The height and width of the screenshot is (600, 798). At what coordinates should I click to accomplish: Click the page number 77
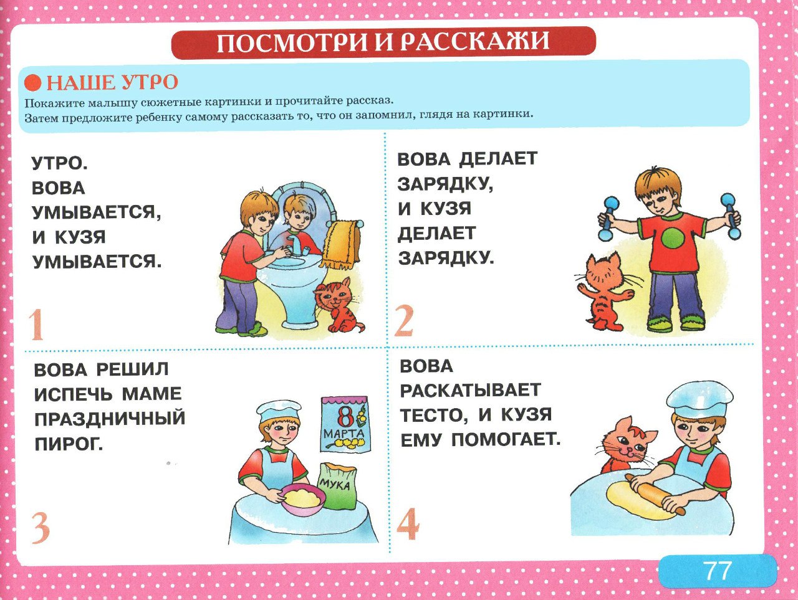pos(718,571)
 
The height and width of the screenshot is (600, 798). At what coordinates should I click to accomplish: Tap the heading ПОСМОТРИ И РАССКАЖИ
pos(383,42)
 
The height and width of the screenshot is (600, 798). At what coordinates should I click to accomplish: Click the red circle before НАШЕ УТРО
pos(32,83)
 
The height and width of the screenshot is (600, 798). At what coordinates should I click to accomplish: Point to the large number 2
pos(404,321)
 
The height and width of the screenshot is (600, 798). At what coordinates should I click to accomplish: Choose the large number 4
pos(408,524)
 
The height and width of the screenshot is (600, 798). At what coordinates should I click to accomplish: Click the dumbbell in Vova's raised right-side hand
pos(730,215)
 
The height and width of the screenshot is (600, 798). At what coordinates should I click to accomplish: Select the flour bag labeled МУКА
pos(337,486)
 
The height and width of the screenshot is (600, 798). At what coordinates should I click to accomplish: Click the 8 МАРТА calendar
pos(345,424)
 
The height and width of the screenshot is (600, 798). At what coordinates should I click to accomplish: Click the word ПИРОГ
pos(69,444)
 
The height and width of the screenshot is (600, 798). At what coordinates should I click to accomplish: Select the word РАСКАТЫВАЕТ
pos(470,391)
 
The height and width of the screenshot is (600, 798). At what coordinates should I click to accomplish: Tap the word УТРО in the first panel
pos(59,163)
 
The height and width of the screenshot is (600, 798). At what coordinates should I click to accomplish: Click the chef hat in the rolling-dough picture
pos(698,399)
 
